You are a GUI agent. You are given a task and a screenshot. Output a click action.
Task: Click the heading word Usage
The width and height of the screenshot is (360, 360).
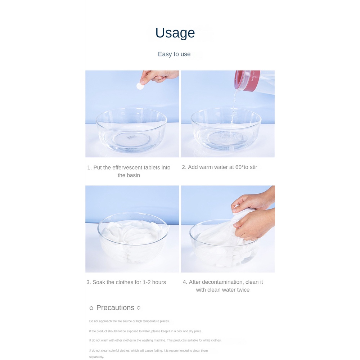pyautogui.click(x=175, y=33)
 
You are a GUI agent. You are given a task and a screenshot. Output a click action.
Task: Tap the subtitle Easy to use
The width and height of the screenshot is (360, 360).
pyautogui.click(x=174, y=54)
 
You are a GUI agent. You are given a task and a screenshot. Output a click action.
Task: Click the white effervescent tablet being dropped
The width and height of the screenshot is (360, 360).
pyautogui.click(x=140, y=86)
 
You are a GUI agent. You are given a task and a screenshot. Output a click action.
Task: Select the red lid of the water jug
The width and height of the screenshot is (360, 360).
pyautogui.click(x=247, y=80)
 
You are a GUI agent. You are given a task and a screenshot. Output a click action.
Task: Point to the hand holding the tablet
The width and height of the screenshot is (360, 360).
pyautogui.click(x=158, y=76)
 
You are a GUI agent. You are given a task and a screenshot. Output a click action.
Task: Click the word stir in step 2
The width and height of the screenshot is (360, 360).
pyautogui.click(x=253, y=167)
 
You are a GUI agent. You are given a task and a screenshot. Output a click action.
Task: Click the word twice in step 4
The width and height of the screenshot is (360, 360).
pyautogui.click(x=243, y=290)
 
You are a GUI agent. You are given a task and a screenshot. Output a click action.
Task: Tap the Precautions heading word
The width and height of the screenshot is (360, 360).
pyautogui.click(x=115, y=308)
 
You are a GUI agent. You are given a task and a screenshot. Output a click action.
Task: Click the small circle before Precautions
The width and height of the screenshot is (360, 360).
pyautogui.click(x=91, y=308)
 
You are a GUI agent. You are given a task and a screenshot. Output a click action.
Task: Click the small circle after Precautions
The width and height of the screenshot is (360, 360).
pyautogui.click(x=139, y=308)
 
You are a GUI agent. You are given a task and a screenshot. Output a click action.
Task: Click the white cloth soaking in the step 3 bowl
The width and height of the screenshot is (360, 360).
pyautogui.click(x=133, y=239)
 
